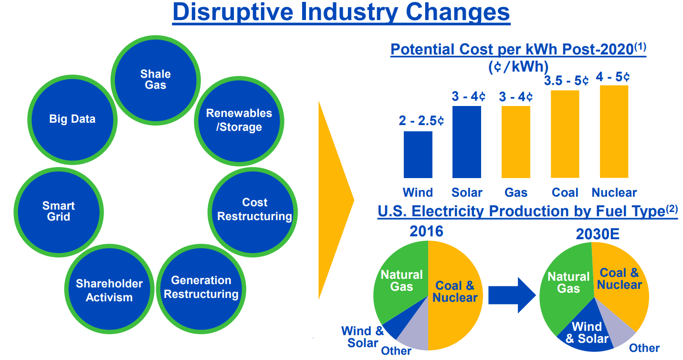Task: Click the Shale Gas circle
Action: (156, 80)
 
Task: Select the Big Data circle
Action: (72, 119)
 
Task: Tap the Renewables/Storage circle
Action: (239, 121)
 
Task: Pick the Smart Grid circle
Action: (59, 212)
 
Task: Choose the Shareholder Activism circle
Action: (109, 289)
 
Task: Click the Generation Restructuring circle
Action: (201, 289)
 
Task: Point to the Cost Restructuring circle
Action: (252, 212)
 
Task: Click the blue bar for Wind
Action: (418, 155)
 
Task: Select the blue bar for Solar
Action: (466, 142)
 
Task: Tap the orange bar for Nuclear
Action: (614, 131)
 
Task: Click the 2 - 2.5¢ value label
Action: (421, 121)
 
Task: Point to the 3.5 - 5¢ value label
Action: (566, 81)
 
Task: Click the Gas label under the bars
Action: (516, 192)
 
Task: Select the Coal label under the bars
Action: (565, 192)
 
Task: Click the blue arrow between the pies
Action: (512, 296)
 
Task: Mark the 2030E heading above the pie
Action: (598, 234)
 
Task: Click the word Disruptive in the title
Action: (232, 12)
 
